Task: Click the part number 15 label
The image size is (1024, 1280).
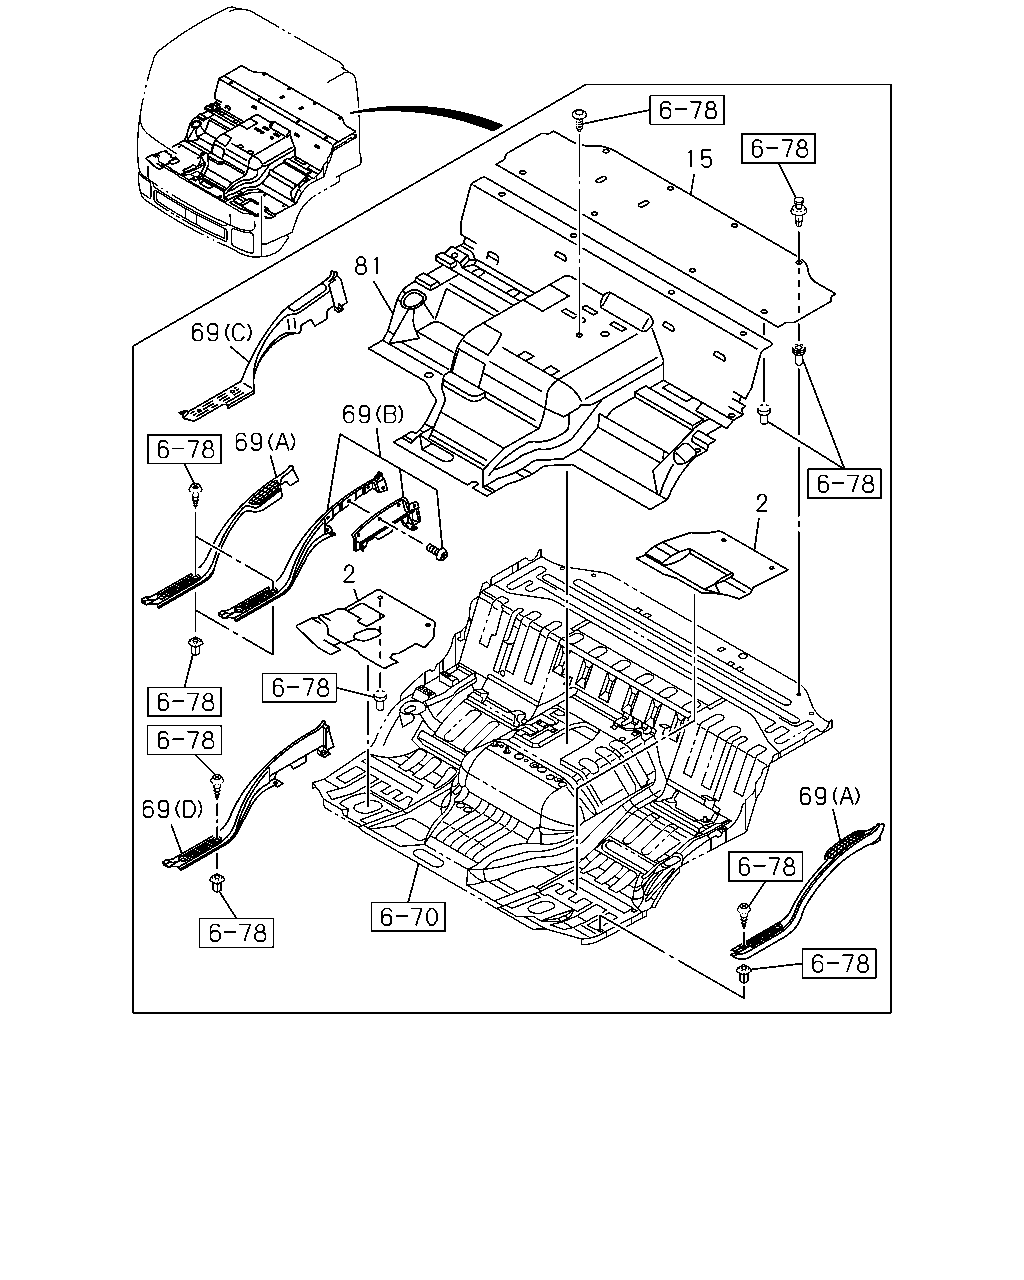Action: pos(699,159)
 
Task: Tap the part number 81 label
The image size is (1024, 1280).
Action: pos(367,266)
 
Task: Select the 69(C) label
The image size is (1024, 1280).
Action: pos(221,332)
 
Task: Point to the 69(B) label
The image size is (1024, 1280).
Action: pos(372,414)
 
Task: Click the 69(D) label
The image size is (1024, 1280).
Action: pos(172,809)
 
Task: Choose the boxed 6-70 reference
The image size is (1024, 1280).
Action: pos(408,917)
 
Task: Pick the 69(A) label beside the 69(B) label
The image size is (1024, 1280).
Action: pos(265,442)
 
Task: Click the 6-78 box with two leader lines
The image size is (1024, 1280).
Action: pos(844,484)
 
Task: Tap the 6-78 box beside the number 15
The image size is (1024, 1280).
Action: pos(687,110)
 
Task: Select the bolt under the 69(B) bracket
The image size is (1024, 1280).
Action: pos(438,552)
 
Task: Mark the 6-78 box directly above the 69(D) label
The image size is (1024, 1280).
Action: pos(184,740)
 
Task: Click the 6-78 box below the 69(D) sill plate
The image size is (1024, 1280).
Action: pos(236,933)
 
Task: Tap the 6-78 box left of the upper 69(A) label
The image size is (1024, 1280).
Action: pos(184,449)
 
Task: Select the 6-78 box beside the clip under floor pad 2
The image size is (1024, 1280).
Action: pos(299,688)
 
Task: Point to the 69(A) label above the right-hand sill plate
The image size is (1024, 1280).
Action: pos(829,796)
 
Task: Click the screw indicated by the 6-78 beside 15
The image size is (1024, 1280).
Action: pos(579,120)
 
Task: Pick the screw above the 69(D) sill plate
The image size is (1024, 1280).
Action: pos(217,785)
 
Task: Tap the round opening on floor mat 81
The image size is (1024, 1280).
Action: pos(411,299)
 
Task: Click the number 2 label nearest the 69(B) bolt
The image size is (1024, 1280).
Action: pos(349,574)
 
